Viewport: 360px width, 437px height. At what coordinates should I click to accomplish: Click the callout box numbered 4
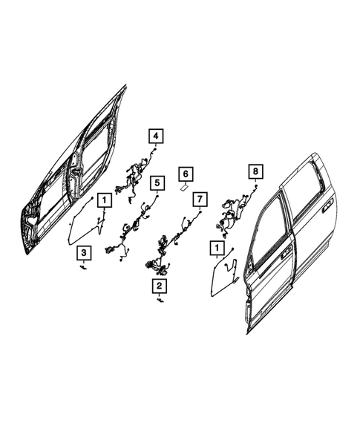coord(156,136)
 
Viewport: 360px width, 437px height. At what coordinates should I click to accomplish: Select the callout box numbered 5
coord(156,181)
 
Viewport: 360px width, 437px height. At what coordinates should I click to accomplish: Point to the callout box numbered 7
coord(199,199)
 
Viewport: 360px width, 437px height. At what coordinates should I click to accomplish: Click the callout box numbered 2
coord(160,285)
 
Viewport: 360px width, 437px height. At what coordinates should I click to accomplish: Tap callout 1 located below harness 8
coord(217,248)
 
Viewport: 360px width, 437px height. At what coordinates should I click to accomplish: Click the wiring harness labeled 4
coord(135,179)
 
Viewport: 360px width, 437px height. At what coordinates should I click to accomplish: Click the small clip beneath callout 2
coord(160,300)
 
